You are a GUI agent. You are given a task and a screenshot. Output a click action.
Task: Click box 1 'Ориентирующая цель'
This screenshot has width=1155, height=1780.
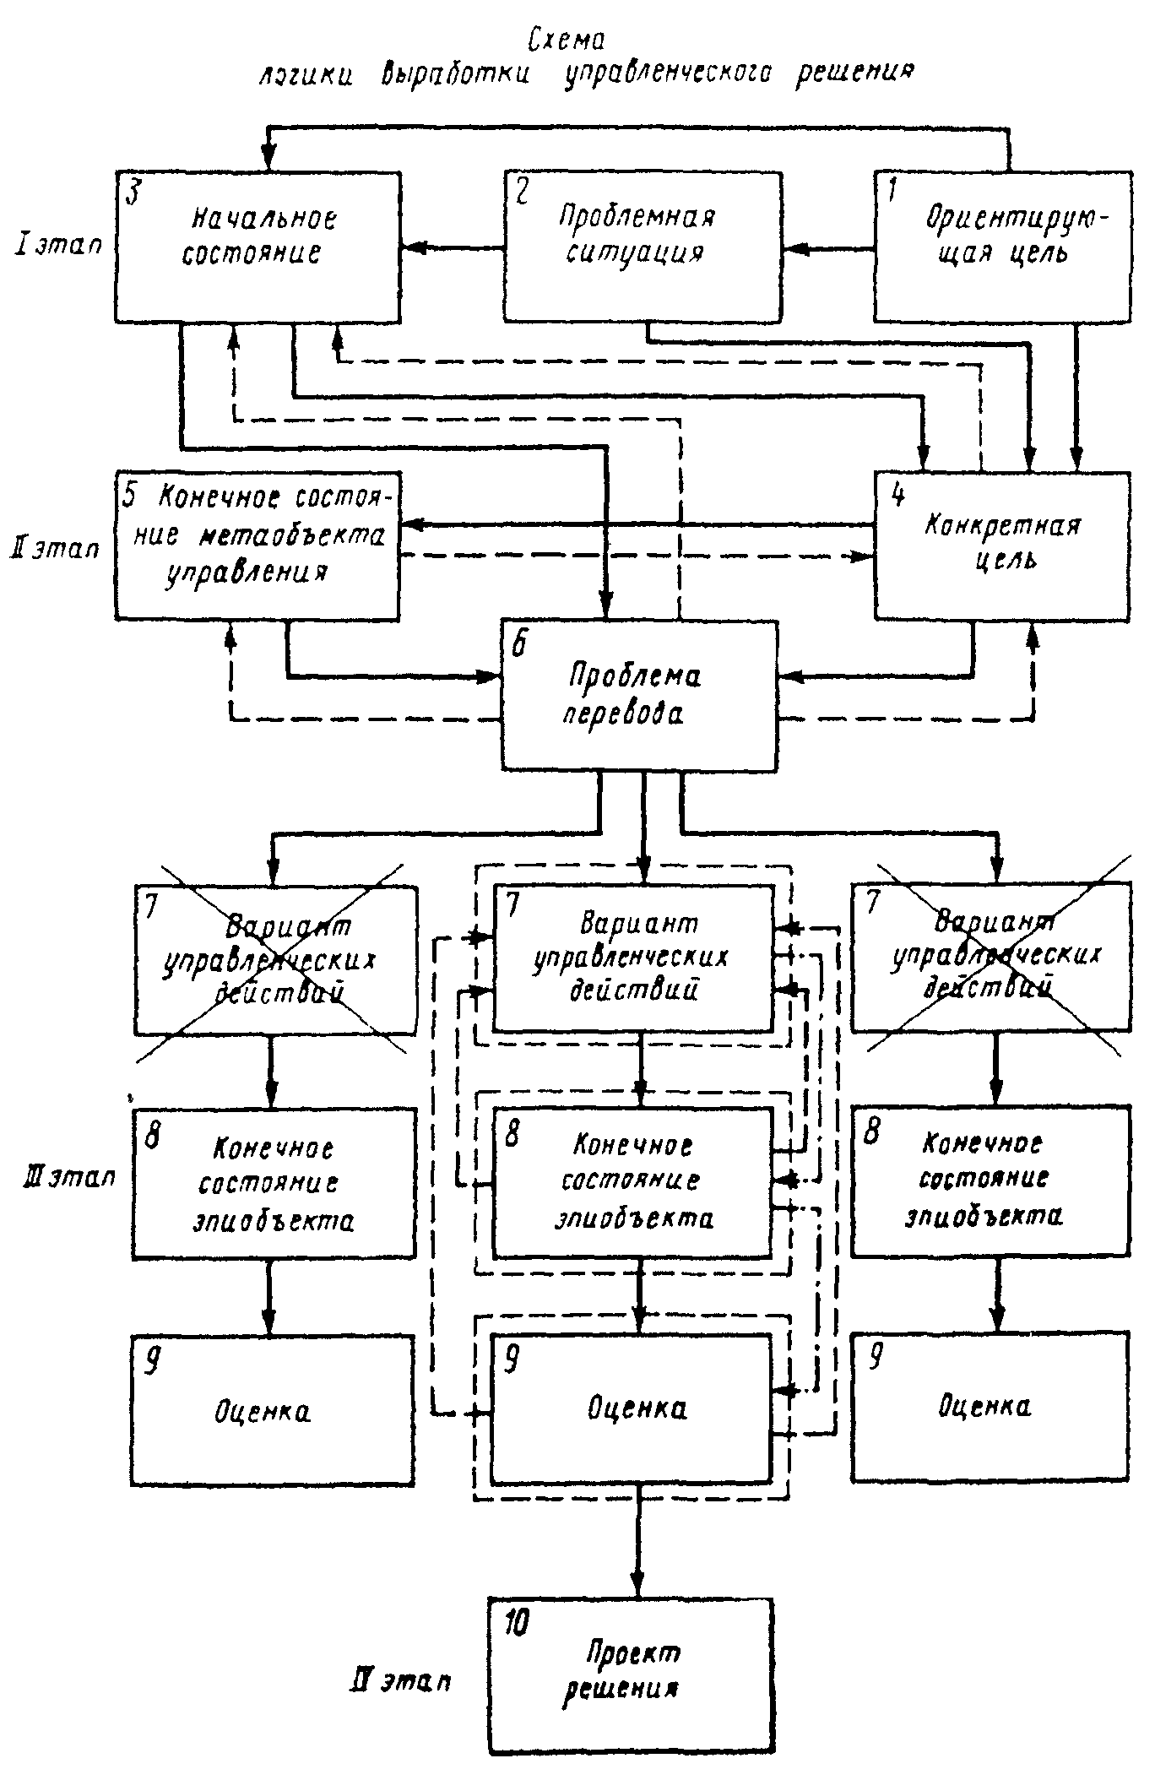coord(1003,246)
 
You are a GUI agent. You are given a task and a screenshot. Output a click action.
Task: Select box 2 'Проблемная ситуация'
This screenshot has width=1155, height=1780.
coord(643,246)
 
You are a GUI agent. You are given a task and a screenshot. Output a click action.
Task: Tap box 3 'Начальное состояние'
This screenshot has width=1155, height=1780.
coord(258,246)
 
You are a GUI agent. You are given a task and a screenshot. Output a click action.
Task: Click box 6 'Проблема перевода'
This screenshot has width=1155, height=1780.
coord(639,695)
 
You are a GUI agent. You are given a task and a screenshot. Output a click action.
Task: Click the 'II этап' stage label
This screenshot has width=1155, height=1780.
coord(55,549)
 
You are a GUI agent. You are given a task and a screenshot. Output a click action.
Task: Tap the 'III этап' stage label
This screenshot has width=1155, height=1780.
coord(69,1177)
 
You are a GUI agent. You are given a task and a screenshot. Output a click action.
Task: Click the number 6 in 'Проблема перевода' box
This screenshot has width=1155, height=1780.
coord(518,646)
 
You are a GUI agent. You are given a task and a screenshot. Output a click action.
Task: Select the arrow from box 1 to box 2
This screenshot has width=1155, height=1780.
coord(827,249)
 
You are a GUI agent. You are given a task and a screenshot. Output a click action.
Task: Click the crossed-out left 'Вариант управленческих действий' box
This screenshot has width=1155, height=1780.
coord(275,960)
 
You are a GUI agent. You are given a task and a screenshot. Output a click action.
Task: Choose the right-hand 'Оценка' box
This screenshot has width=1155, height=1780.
coord(990,1407)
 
